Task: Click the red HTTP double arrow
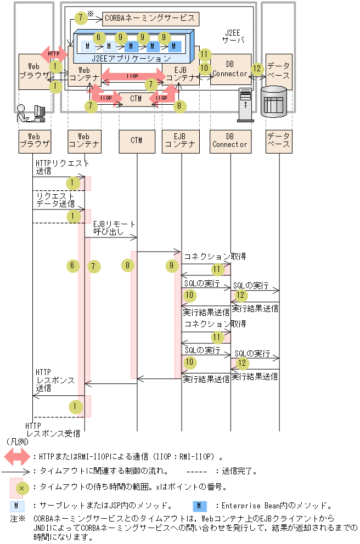53,53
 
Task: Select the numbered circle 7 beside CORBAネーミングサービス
81,18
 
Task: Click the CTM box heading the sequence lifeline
137,140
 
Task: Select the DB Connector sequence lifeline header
230,140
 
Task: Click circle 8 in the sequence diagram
127,265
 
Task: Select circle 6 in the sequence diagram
71,265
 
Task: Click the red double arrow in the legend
17,455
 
